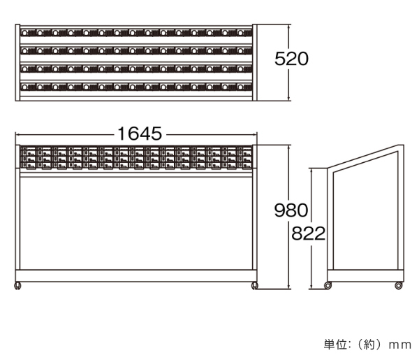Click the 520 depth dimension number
tap(291, 59)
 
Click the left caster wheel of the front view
tap(17, 285)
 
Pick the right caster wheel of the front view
tap(255, 285)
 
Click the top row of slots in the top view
tap(135, 32)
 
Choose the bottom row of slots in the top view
tap(135, 87)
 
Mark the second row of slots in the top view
tap(135, 50)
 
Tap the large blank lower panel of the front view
tap(135, 222)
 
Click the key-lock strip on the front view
tap(135, 158)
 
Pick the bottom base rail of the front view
tap(135, 275)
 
